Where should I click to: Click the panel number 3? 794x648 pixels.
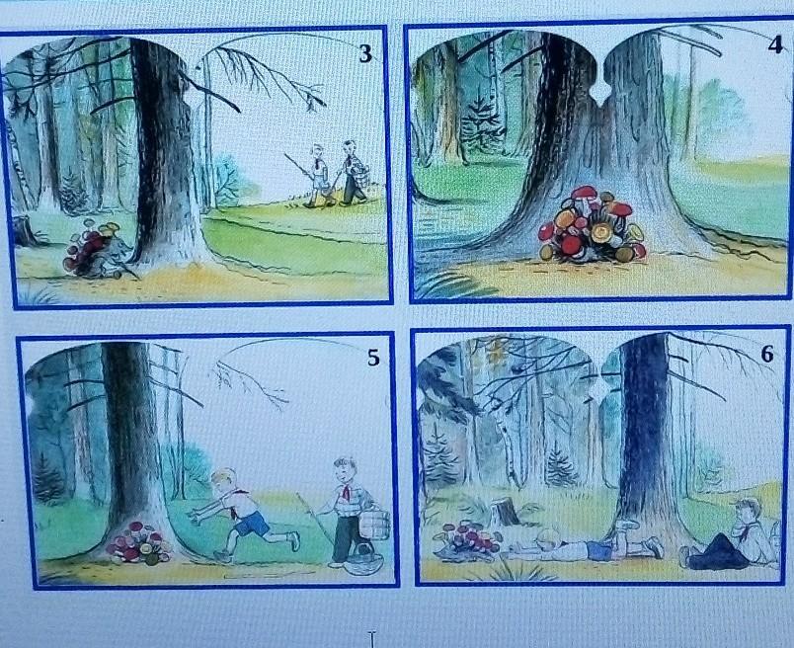click(x=365, y=53)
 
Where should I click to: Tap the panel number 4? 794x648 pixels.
click(x=775, y=44)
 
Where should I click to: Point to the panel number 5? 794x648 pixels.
click(x=373, y=358)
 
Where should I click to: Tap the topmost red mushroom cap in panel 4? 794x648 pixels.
click(x=585, y=193)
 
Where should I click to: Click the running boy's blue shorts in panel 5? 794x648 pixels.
click(x=252, y=524)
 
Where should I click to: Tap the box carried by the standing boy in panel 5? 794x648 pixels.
click(x=374, y=525)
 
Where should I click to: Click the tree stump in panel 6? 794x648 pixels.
click(x=505, y=512)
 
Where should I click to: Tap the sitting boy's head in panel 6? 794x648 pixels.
click(x=744, y=512)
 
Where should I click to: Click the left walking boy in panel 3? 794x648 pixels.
click(x=318, y=175)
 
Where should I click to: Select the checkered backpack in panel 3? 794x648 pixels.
click(x=359, y=167)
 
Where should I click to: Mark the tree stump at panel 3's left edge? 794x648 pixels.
click(x=25, y=230)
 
